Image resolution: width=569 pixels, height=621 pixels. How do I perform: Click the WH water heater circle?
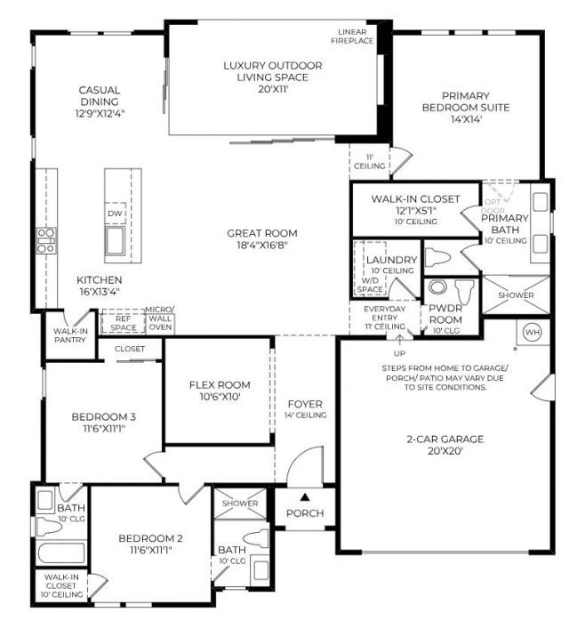(x=533, y=332)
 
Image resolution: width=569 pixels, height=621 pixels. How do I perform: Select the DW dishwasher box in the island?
(x=115, y=214)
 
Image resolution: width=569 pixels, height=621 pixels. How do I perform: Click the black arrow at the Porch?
(x=304, y=496)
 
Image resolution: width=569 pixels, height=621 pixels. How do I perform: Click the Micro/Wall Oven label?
(x=160, y=318)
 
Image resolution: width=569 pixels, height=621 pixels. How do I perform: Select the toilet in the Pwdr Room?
(x=462, y=291)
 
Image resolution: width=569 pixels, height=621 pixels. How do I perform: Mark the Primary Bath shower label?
(x=517, y=295)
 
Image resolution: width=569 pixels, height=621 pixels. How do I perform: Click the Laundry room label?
(x=391, y=260)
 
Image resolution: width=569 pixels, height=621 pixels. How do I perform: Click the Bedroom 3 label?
(x=102, y=422)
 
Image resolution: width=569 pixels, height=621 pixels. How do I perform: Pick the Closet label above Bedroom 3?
(x=130, y=350)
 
